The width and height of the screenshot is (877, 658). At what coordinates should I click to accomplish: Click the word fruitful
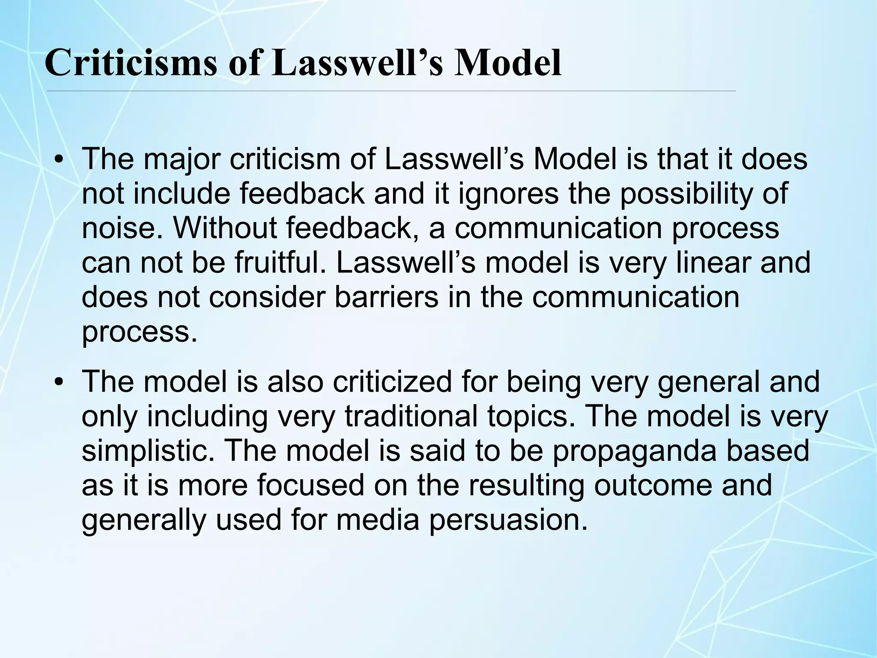[x=283, y=262]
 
